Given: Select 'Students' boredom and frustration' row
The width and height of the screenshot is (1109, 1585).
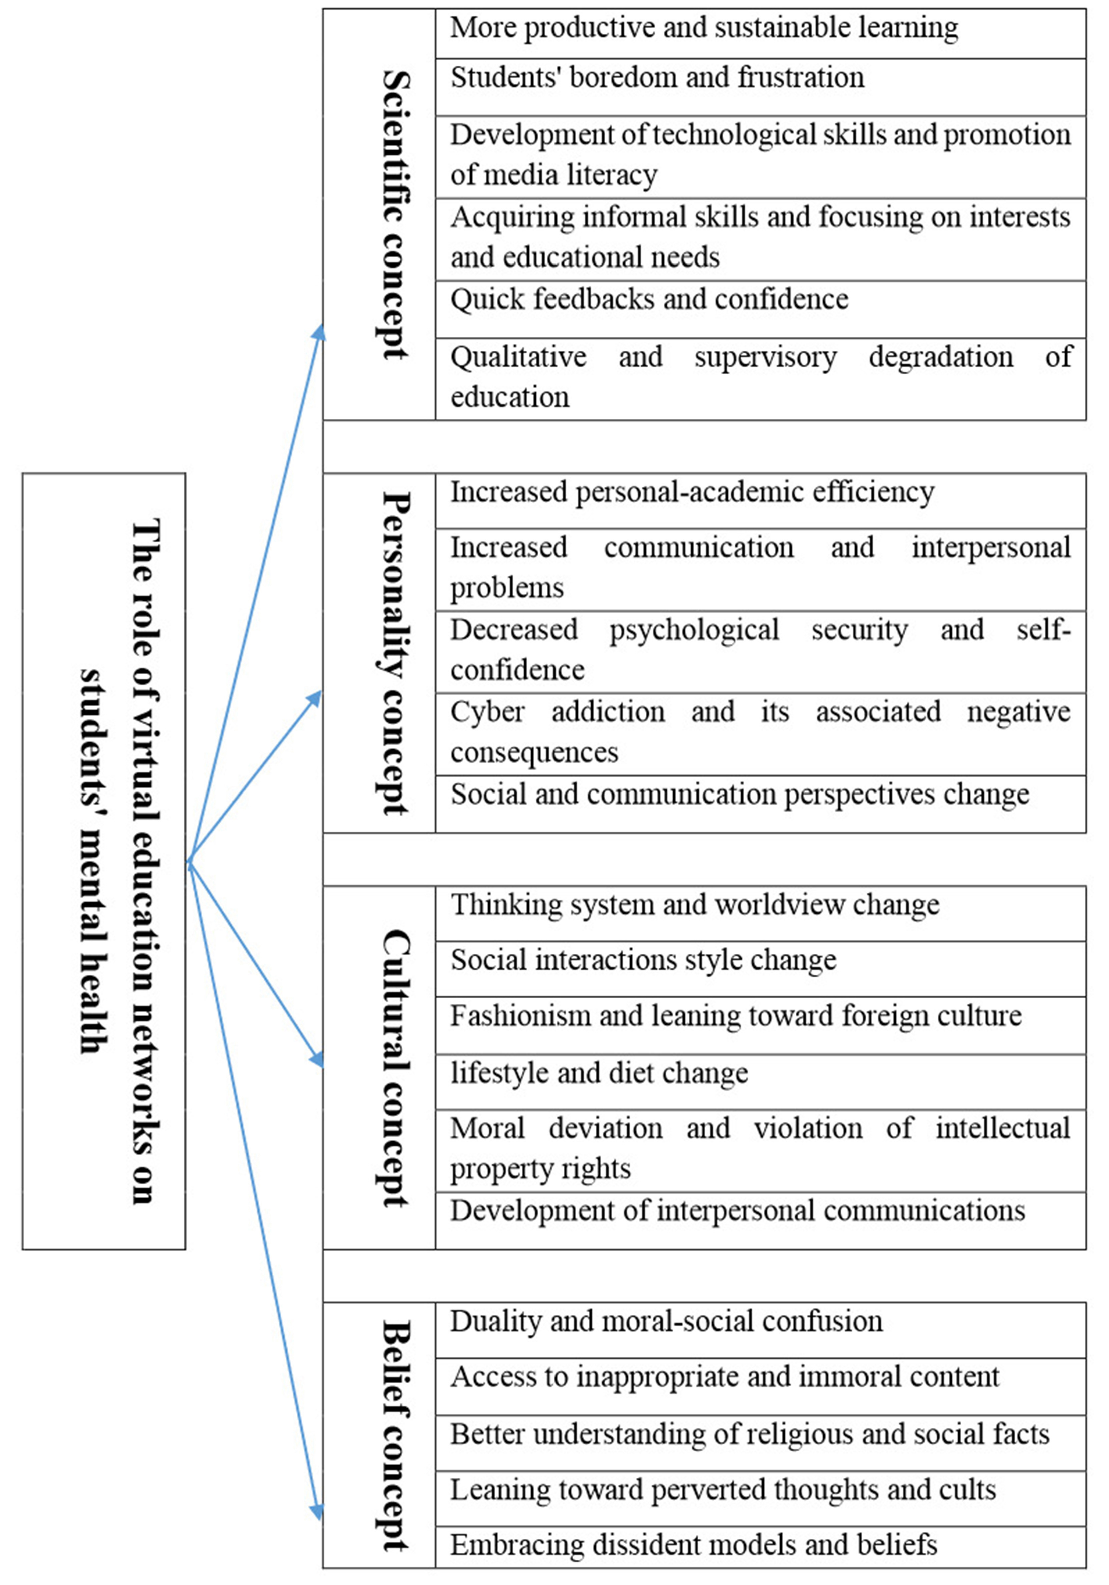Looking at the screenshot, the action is tap(657, 77).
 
